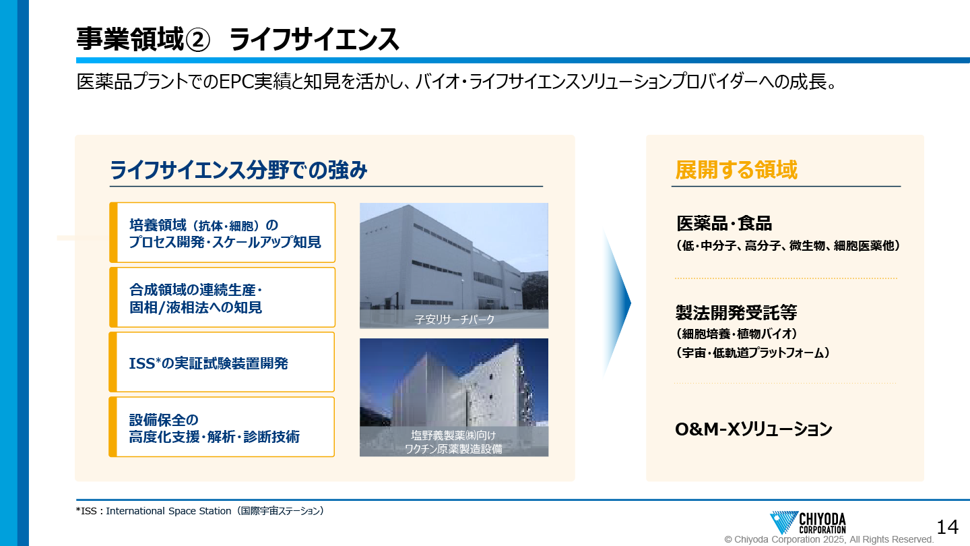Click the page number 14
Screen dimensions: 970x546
pyautogui.click(x=947, y=527)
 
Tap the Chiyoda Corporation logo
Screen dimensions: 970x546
pyautogui.click(x=808, y=522)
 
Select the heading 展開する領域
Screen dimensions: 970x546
pyautogui.click(x=736, y=169)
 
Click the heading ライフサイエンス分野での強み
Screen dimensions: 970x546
pyautogui.click(x=238, y=169)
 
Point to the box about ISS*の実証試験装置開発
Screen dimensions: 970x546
pyautogui.click(x=222, y=362)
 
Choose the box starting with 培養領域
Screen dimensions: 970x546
pyautogui.click(x=222, y=233)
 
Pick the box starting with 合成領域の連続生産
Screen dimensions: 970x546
pyautogui.click(x=222, y=297)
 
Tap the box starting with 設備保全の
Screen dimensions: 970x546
pyautogui.click(x=222, y=427)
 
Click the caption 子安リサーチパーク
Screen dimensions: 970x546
pyautogui.click(x=454, y=320)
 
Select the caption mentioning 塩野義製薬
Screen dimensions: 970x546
pyautogui.click(x=453, y=442)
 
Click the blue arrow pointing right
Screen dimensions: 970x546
pyautogui.click(x=617, y=303)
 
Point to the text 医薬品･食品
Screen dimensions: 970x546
pyautogui.click(x=724, y=223)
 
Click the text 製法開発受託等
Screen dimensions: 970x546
pyautogui.click(x=736, y=312)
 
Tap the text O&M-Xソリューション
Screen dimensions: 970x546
pyautogui.click(x=754, y=429)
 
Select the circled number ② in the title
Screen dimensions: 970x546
pyautogui.click(x=197, y=40)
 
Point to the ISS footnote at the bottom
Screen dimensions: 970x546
pyautogui.click(x=199, y=511)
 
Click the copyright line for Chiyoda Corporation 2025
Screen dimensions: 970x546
pyautogui.click(x=829, y=539)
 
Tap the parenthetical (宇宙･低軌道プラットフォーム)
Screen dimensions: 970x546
pyautogui.click(x=752, y=353)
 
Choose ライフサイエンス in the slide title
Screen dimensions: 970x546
pyautogui.click(x=314, y=39)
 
